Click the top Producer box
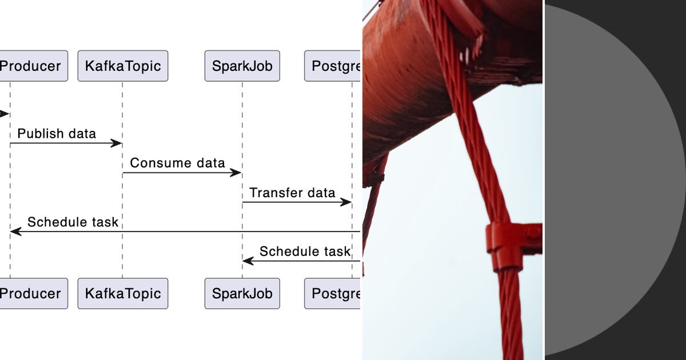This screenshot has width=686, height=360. [32, 66]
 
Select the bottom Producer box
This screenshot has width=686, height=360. [32, 294]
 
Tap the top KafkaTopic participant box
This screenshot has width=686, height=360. [123, 66]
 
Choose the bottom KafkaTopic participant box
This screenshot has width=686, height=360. [123, 294]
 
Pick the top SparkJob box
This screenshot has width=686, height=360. [242, 66]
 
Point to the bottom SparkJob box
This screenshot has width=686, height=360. [242, 294]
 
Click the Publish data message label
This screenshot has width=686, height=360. [57, 134]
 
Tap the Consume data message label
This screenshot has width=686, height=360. [177, 163]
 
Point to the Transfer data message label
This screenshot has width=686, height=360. [292, 193]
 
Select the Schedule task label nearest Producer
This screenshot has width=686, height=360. [73, 222]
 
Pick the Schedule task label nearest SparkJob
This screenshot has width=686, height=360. [305, 251]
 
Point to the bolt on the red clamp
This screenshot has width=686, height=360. [533, 233]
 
